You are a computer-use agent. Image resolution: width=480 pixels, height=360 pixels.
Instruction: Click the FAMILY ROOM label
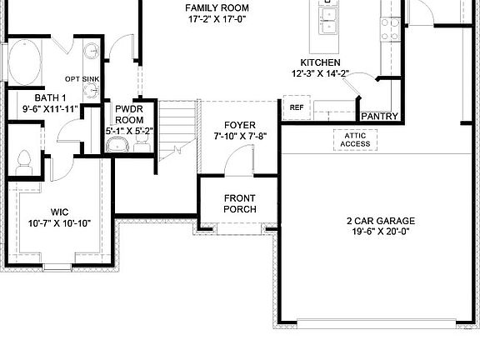pyautogui.click(x=217, y=8)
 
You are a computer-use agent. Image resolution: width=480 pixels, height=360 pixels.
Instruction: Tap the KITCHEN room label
pyautogui.click(x=321, y=62)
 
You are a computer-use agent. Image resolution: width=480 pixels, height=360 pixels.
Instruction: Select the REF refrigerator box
pyautogui.click(x=296, y=107)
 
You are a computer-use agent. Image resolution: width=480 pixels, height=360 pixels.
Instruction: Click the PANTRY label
pyautogui.click(x=379, y=117)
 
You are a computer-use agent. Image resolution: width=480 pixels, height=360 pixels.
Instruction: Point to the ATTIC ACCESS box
pyautogui.click(x=355, y=139)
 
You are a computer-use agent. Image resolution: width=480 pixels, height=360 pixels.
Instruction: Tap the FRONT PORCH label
pyautogui.click(x=240, y=203)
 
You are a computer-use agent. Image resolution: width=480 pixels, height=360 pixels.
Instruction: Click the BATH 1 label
pyautogui.click(x=27, y=97)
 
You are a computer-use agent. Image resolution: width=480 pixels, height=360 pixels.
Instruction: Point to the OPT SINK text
pyautogui.click(x=82, y=79)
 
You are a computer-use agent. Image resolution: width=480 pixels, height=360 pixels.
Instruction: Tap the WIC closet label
pyautogui.click(x=59, y=212)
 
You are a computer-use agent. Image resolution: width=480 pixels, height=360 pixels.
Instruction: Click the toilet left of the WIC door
pyautogui.click(x=24, y=159)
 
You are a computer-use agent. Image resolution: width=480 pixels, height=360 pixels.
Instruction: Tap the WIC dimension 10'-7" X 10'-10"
pyautogui.click(x=59, y=223)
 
